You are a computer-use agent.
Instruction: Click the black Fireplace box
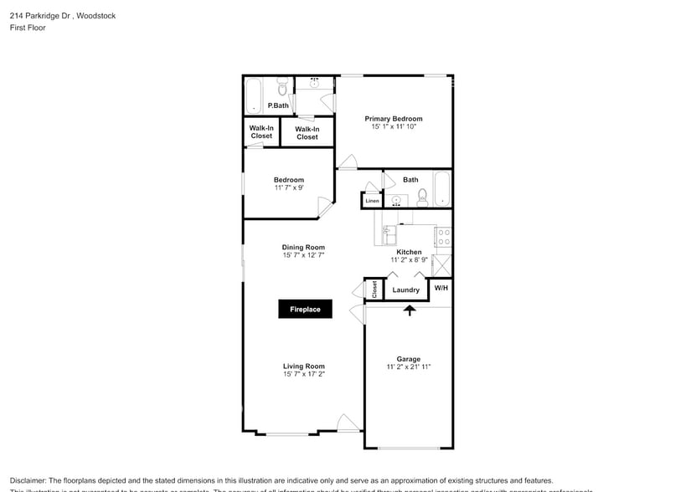[305, 310]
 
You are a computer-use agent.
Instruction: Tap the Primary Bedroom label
[393, 119]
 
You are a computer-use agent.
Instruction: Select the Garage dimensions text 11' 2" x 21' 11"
[409, 367]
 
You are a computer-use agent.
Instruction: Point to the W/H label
[441, 288]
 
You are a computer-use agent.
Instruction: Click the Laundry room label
[405, 290]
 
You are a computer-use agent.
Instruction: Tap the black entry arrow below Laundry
[410, 310]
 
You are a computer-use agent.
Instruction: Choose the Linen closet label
[372, 201]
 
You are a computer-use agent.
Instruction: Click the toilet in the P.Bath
[282, 89]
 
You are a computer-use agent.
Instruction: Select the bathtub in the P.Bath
[254, 96]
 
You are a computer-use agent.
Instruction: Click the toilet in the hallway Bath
[423, 197]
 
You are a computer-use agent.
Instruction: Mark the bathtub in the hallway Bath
[441, 189]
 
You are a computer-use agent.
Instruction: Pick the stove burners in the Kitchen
[444, 237]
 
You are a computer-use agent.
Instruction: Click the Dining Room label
[302, 248]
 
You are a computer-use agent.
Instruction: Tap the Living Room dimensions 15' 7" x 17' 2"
[303, 374]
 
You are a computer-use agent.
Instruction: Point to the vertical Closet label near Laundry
[374, 290]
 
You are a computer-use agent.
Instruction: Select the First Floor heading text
[28, 28]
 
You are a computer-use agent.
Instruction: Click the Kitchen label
[409, 252]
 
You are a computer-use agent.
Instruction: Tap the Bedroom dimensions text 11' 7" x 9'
[289, 187]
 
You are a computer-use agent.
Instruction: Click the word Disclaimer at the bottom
[29, 480]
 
